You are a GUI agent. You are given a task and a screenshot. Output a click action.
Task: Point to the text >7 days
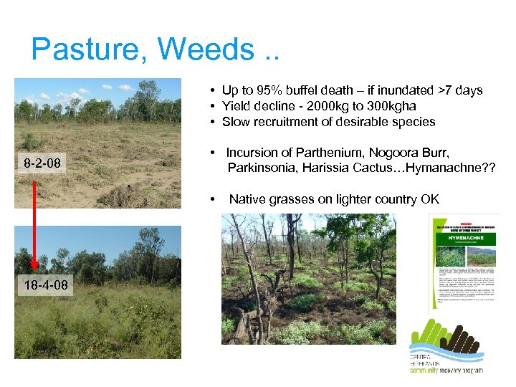point(454,90)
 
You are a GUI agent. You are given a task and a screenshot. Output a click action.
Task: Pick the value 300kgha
point(393,106)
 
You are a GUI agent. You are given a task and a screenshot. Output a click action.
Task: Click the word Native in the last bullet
point(247,199)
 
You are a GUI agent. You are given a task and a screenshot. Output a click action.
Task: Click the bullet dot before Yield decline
point(214,106)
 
